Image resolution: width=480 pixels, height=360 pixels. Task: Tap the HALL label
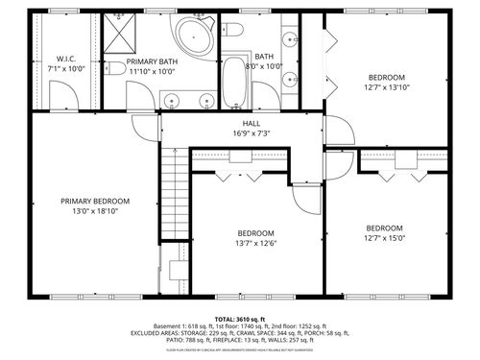click(x=252, y=124)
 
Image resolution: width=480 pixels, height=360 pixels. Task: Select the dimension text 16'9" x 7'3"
click(x=252, y=133)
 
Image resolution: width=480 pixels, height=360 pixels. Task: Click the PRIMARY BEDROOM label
click(x=95, y=202)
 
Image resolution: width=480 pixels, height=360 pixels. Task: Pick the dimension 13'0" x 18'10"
click(x=95, y=212)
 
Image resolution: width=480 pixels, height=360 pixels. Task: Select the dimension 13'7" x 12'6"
click(x=256, y=244)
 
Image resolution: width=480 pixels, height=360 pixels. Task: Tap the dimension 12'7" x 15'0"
click(x=384, y=239)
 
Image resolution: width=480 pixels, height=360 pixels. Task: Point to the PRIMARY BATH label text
click(x=153, y=60)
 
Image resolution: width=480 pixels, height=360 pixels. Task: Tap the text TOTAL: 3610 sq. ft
click(x=240, y=319)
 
